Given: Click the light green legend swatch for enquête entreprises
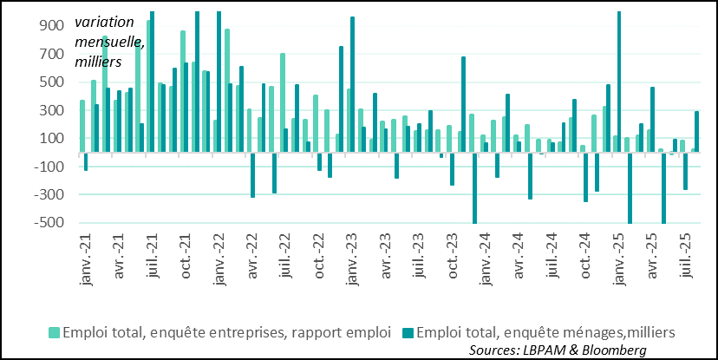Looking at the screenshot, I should [55, 332].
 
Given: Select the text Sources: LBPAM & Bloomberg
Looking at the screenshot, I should [558, 349].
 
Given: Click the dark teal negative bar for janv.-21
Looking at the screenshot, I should [86, 161].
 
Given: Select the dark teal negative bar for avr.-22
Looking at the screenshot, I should [252, 175].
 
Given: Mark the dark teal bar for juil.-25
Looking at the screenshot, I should [696, 132].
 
